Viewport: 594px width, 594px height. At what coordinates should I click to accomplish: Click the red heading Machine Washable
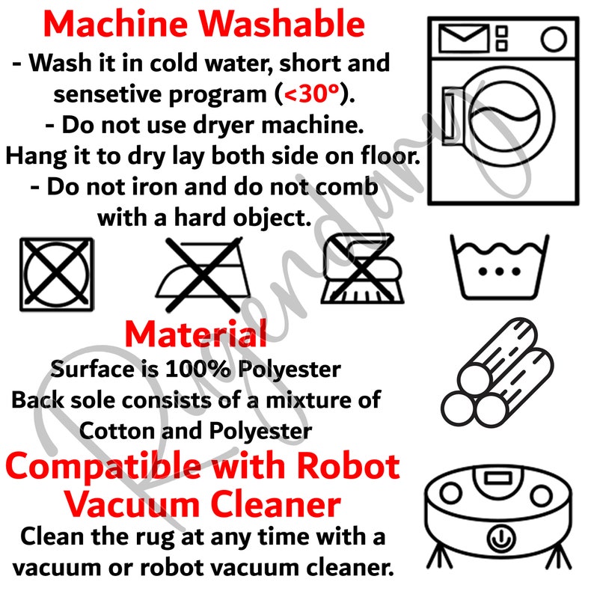pos(204,24)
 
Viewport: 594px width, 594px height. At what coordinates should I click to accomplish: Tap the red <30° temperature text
pos(311,94)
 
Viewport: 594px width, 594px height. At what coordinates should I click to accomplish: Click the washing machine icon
pos(503,111)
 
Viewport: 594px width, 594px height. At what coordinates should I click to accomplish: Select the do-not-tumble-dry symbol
pos(57,275)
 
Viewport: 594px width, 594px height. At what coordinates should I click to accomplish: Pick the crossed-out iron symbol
pos(203,275)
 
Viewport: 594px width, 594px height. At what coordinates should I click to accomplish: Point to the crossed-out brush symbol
pos(362,269)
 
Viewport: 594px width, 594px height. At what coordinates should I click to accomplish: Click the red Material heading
pos(196,334)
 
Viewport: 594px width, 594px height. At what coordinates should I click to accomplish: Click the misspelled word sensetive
pos(107,94)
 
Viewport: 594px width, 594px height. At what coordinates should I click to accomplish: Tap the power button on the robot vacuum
pos(500,539)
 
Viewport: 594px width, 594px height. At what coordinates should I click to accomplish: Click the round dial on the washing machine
pos(554,39)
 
